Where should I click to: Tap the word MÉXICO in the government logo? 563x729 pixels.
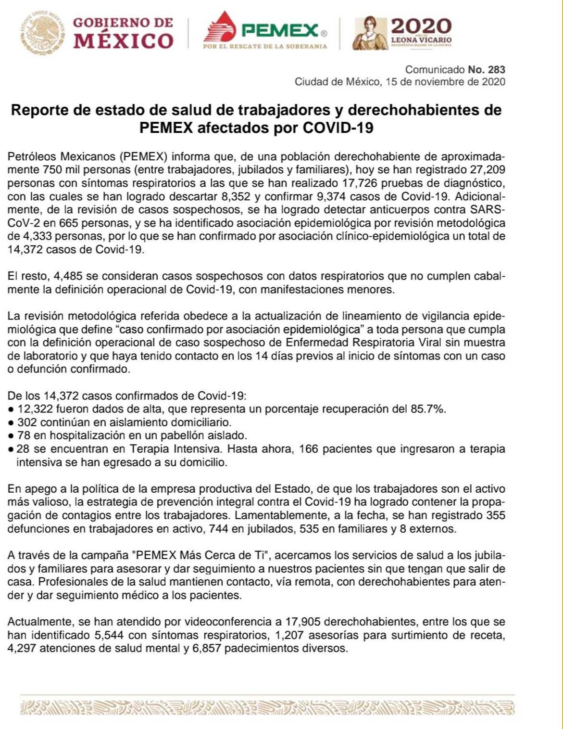click(123, 41)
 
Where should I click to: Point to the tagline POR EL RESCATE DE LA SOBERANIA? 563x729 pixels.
click(265, 47)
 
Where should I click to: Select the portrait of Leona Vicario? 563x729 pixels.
click(370, 33)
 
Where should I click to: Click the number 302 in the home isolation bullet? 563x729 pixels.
click(26, 422)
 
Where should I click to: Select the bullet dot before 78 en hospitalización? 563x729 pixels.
click(11, 436)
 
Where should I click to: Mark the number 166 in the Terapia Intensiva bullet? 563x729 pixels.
click(309, 449)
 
